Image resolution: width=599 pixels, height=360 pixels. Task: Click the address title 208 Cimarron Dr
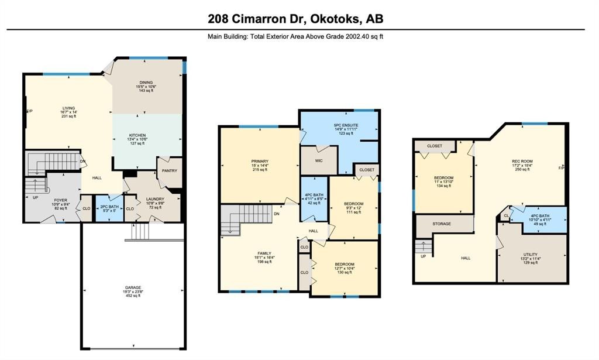[295, 19]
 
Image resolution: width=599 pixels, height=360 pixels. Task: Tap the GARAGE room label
[133, 287]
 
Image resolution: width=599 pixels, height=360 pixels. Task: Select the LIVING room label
[69, 108]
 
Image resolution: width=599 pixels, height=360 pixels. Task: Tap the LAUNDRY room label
[154, 198]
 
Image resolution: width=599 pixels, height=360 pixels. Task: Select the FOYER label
[61, 200]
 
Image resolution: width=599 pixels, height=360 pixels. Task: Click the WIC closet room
[318, 160]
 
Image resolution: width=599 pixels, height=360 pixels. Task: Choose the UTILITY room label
[531, 255]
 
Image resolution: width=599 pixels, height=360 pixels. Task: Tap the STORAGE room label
[442, 223]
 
